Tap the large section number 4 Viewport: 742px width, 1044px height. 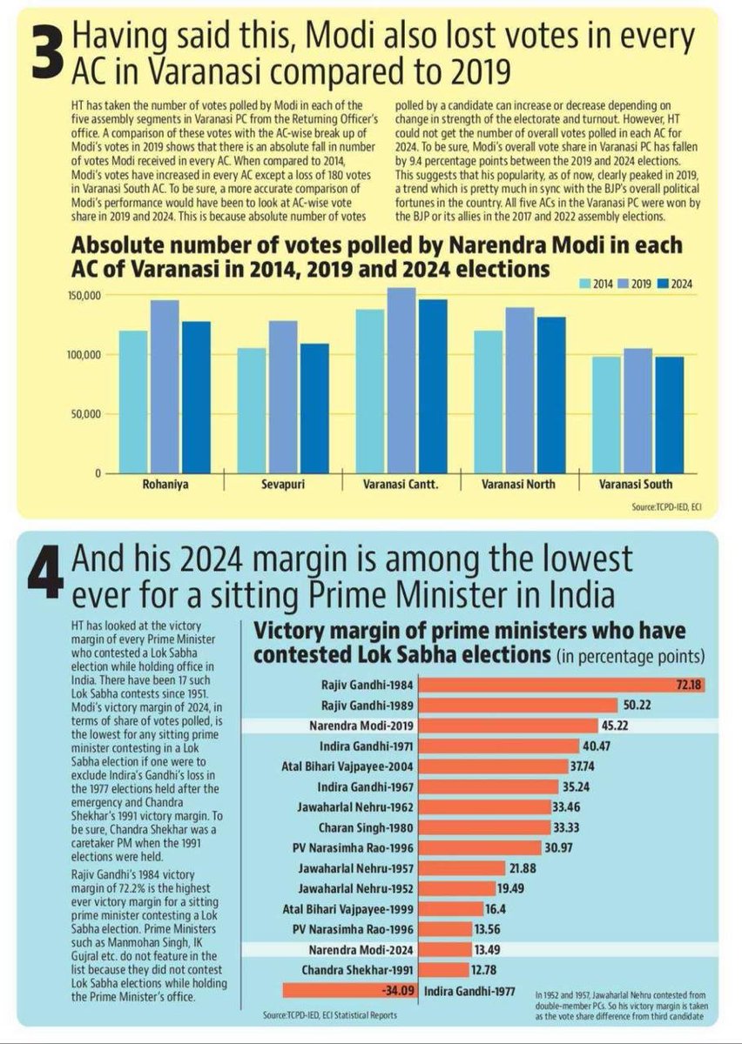[44, 569]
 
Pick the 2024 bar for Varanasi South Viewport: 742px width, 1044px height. [669, 415]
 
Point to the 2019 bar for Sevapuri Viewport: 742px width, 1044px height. [283, 397]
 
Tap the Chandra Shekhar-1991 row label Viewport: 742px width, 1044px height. [376, 969]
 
